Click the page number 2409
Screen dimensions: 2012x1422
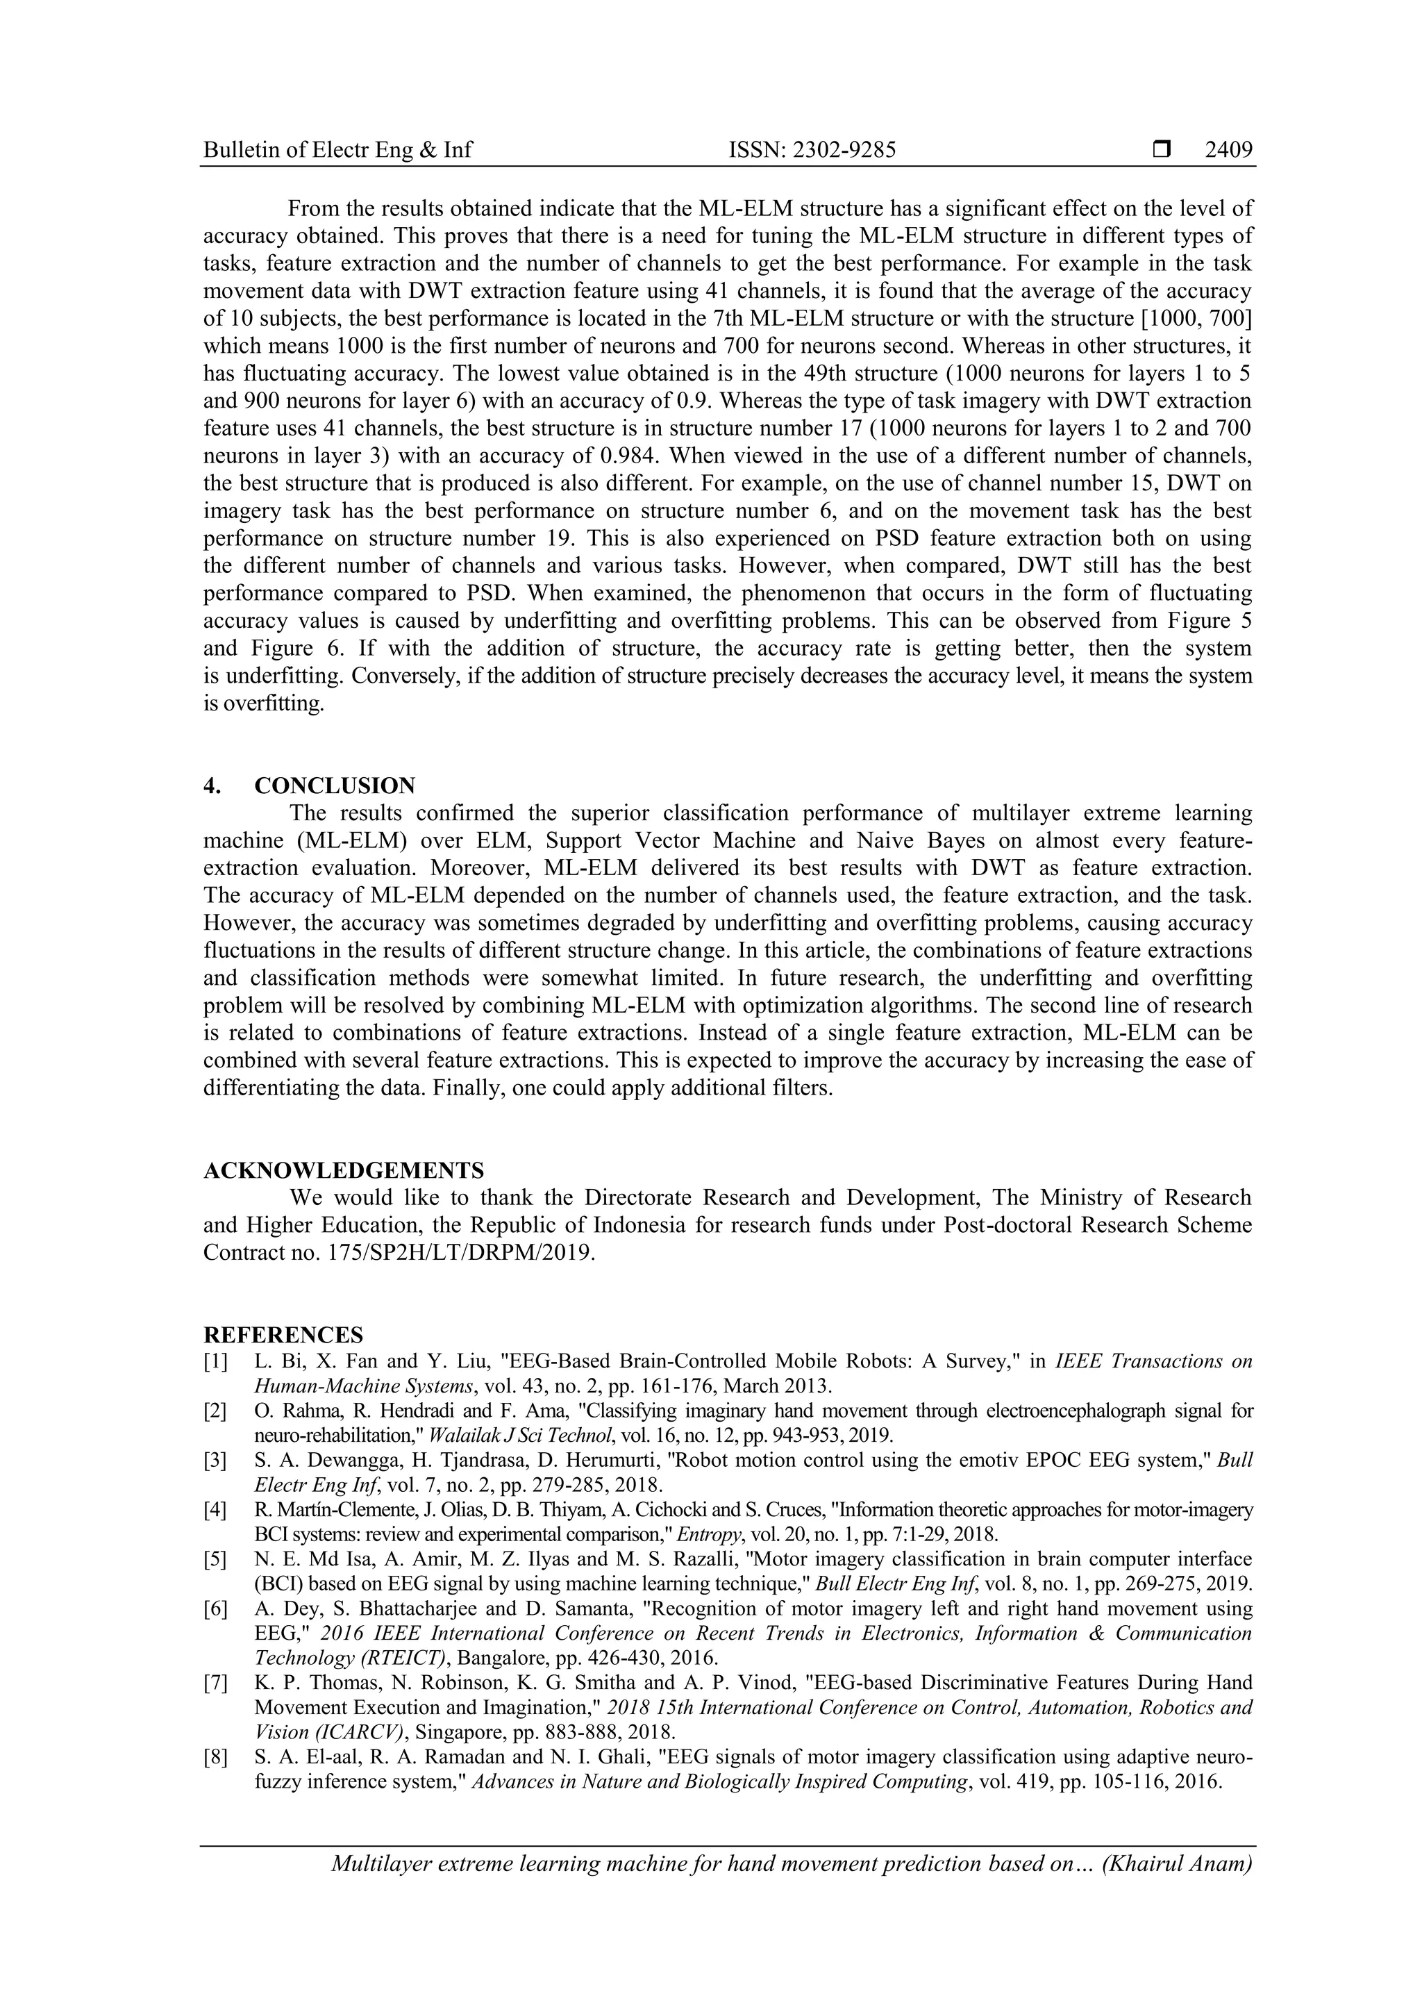pos(1228,150)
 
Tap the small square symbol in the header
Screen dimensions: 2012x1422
pos(1162,150)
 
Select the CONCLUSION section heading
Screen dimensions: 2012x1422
pos(335,785)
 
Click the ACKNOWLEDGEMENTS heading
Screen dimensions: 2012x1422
pos(344,1170)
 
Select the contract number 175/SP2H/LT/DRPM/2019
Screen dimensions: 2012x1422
pos(455,1252)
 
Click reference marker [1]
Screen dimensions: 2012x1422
pos(215,1361)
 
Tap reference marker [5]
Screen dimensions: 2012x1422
pos(215,1559)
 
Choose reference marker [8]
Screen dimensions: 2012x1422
pos(215,1757)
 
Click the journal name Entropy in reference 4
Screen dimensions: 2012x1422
pos(716,1534)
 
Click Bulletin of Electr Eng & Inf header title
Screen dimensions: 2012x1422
pos(337,150)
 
